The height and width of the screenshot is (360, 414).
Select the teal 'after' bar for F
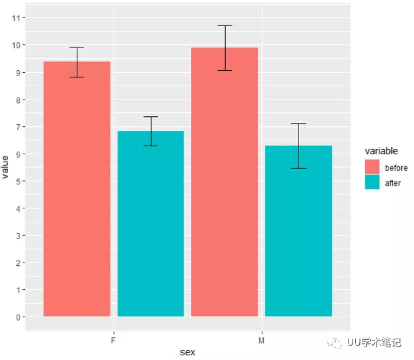pyautogui.click(x=150, y=223)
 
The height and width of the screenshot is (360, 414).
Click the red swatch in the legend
pyautogui.click(x=372, y=167)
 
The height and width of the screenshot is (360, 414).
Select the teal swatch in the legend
pyautogui.click(x=372, y=182)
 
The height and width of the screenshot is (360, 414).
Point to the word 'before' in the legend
pyautogui.click(x=396, y=168)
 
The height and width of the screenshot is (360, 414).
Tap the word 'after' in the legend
pyautogui.click(x=393, y=182)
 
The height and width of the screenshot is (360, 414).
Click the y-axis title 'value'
pyautogui.click(x=6, y=166)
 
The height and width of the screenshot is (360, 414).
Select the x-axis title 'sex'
pyautogui.click(x=188, y=352)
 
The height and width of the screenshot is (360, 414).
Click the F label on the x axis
pyautogui.click(x=114, y=340)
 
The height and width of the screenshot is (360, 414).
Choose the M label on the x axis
pyautogui.click(x=261, y=340)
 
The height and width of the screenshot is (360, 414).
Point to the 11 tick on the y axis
pyautogui.click(x=17, y=18)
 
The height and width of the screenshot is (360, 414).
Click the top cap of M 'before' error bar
pyautogui.click(x=224, y=25)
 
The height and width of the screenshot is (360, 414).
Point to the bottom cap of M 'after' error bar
pyautogui.click(x=298, y=168)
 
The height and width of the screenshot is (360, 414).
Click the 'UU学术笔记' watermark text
pyautogui.click(x=374, y=343)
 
